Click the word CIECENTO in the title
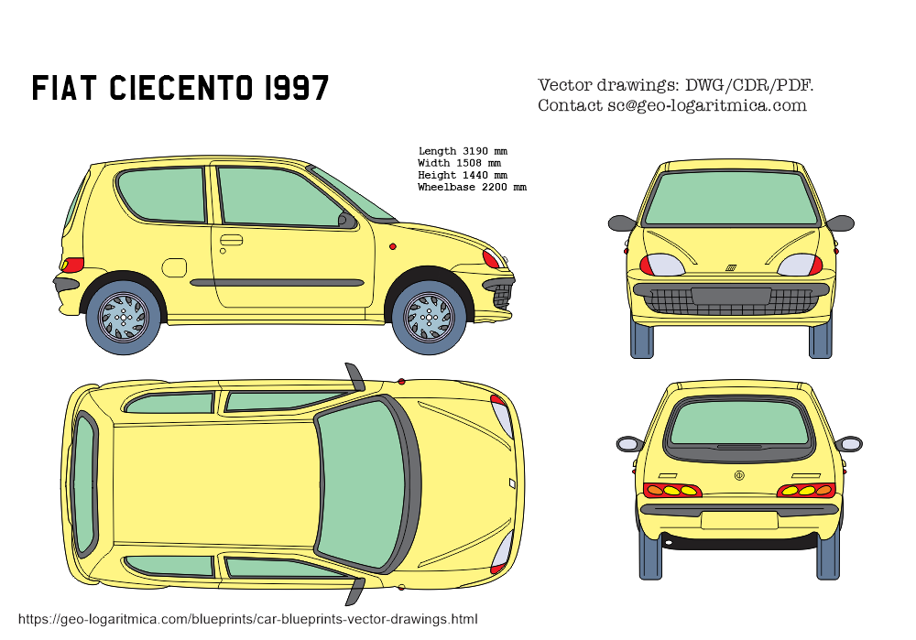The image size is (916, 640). [x=181, y=88]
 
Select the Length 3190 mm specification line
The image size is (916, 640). [x=463, y=151]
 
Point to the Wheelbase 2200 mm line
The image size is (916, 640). [x=472, y=187]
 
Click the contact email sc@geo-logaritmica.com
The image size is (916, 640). [x=707, y=105]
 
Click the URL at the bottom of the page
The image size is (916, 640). [x=247, y=619]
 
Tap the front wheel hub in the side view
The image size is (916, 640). [x=430, y=318]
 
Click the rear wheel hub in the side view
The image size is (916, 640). [x=124, y=318]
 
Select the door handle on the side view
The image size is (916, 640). [x=231, y=240]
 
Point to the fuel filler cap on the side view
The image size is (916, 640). [x=173, y=267]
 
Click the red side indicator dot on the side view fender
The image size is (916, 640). [x=393, y=246]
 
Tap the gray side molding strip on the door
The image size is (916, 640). [x=277, y=283]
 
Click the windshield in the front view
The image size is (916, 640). [x=731, y=199]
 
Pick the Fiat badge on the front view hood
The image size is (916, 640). [x=731, y=268]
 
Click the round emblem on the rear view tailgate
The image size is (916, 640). [x=739, y=475]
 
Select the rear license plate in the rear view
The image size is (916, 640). [x=739, y=520]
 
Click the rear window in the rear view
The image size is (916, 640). [x=739, y=423]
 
